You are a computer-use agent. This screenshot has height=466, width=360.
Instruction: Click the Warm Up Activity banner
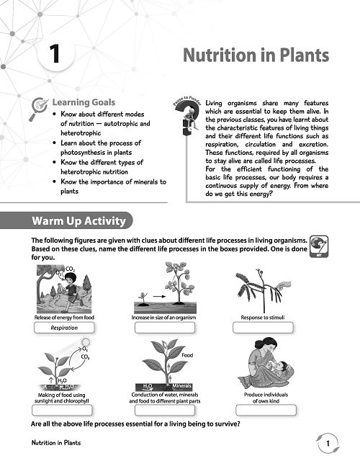pos(78,220)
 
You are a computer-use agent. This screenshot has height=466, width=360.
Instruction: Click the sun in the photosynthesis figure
pos(85,341)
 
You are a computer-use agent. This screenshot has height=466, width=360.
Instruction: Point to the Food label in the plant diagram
pos(187,355)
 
